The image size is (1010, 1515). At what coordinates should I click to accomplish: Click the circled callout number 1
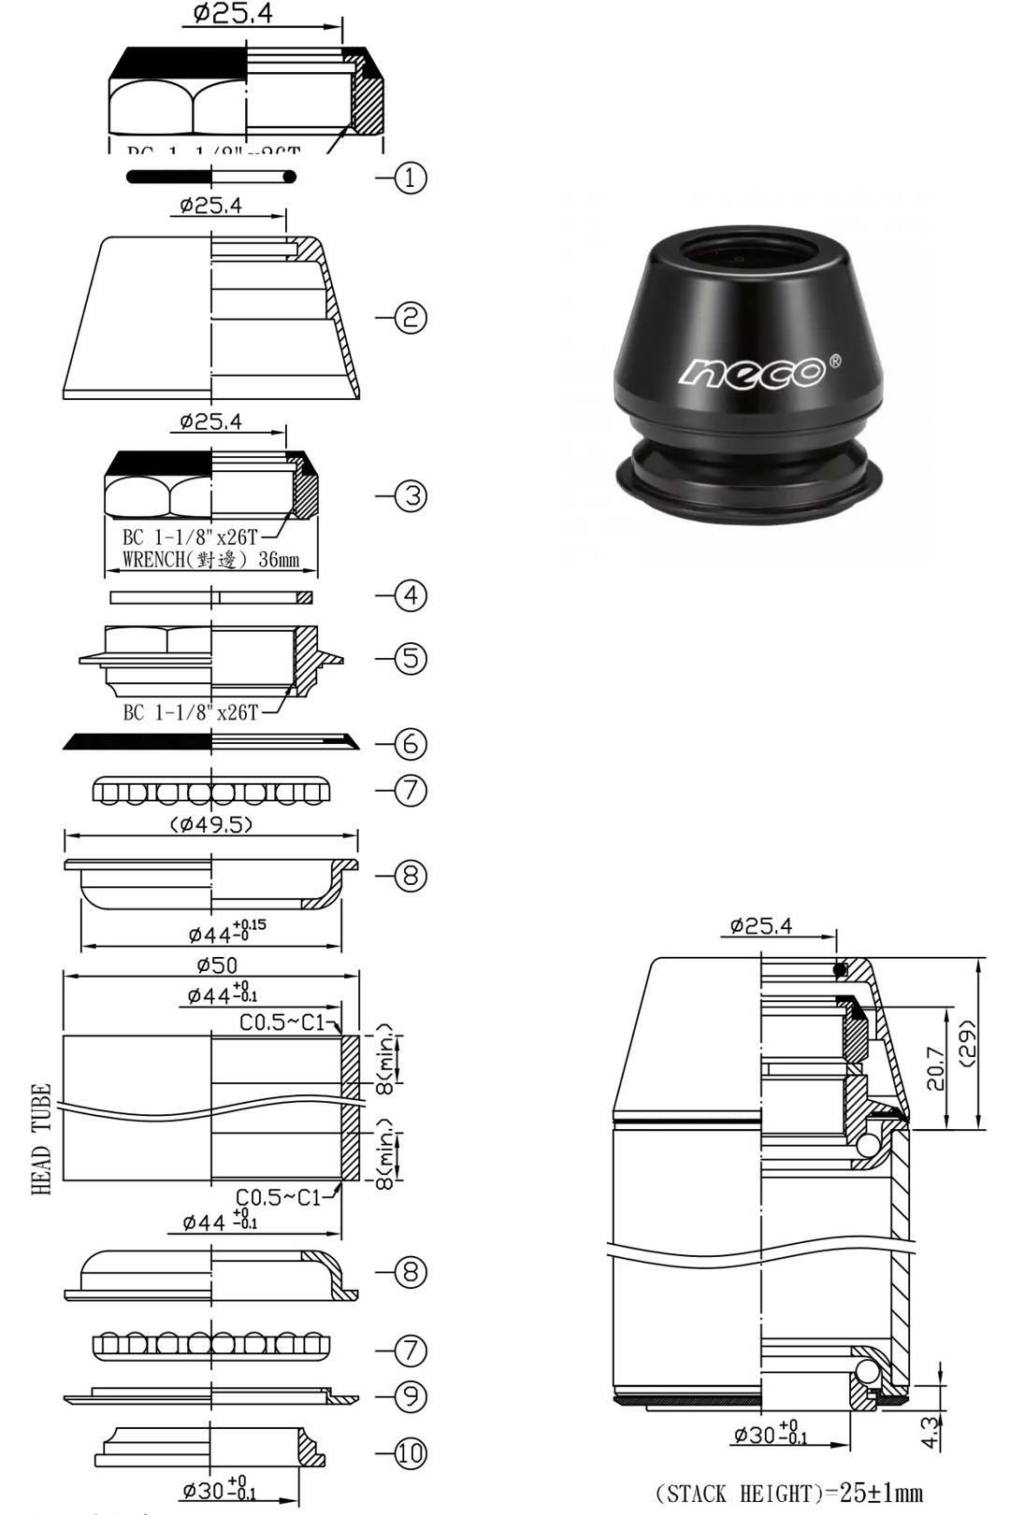click(411, 178)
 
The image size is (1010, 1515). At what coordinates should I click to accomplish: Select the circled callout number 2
click(411, 318)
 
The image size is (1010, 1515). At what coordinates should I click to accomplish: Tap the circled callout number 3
click(411, 495)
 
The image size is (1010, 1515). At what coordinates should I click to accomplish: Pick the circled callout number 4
click(411, 595)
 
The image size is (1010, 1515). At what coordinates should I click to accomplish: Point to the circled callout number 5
click(411, 658)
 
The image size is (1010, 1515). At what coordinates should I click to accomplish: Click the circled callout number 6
click(411, 744)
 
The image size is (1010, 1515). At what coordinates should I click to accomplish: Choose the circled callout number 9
click(411, 1396)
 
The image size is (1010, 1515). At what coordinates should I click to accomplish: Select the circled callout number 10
click(411, 1453)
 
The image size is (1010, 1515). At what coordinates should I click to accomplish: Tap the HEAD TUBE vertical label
click(41, 1139)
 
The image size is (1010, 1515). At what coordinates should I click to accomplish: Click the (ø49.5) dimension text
click(211, 824)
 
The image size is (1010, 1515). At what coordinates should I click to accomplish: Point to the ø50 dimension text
click(217, 965)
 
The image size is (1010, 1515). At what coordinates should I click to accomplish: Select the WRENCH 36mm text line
click(211, 560)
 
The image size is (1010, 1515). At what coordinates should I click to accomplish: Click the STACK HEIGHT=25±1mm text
click(788, 1493)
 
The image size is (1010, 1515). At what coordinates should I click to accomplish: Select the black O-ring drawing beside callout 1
click(210, 177)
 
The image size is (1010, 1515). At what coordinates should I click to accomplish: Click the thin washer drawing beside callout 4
click(210, 597)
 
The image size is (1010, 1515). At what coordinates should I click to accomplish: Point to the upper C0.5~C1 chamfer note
click(281, 1022)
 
